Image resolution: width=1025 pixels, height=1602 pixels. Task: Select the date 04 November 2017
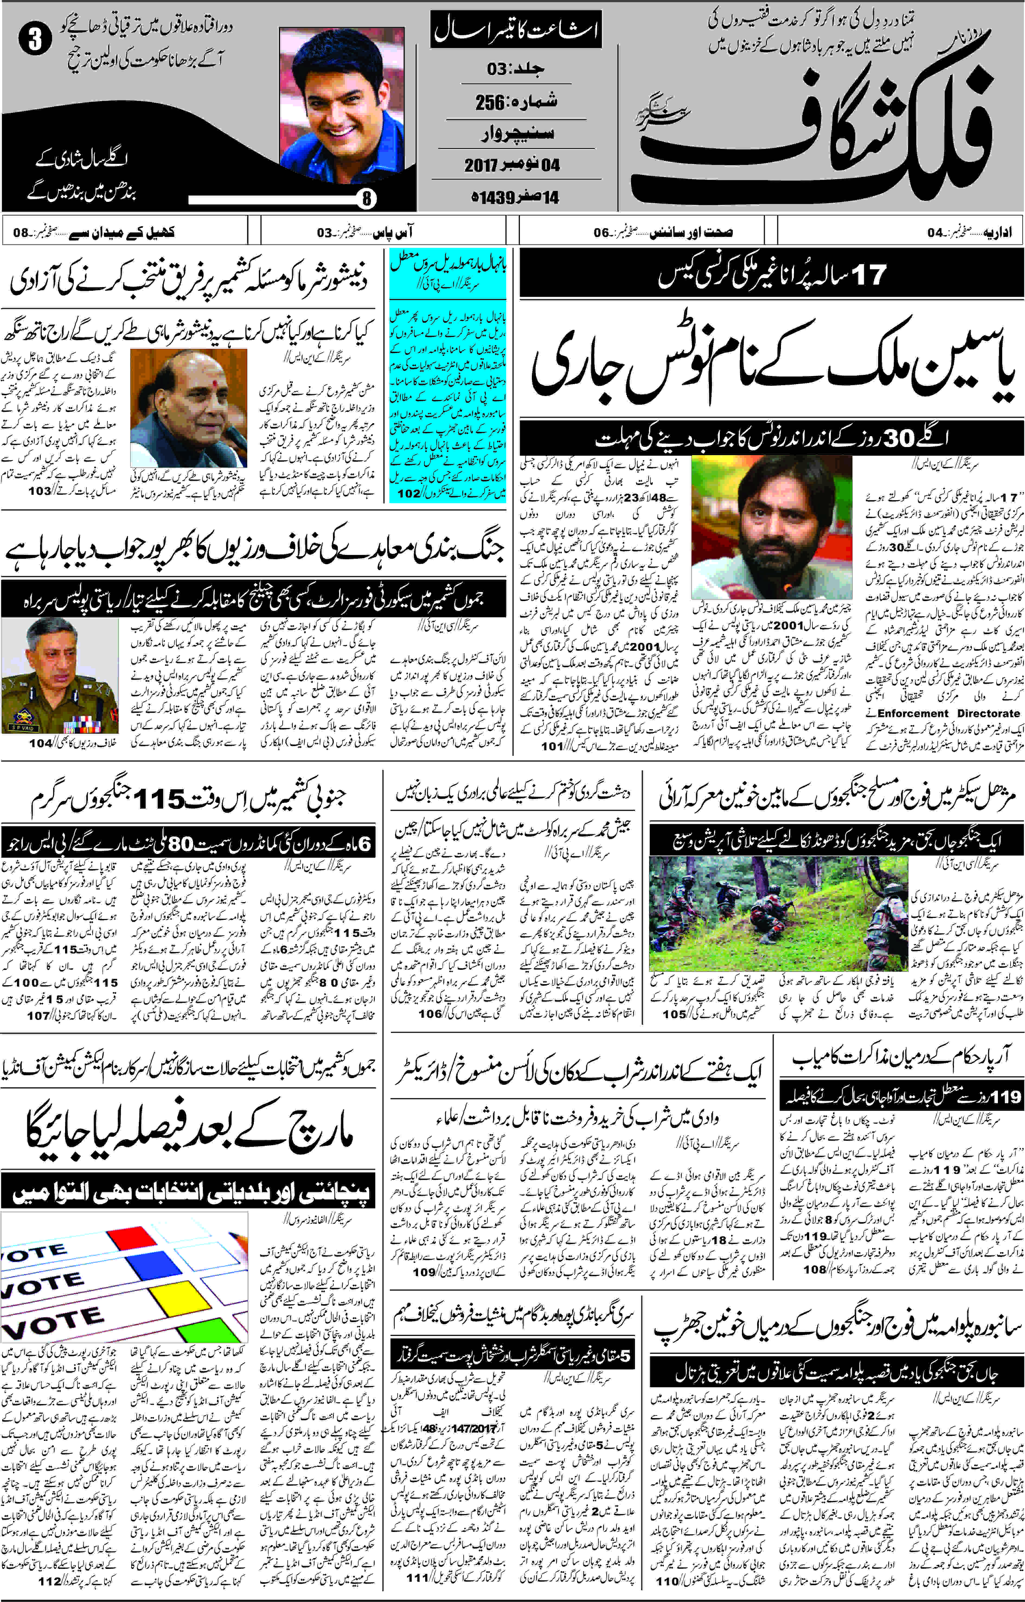(512, 164)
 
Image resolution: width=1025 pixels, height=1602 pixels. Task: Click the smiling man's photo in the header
(341, 105)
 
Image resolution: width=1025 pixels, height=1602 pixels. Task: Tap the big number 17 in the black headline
(869, 274)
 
